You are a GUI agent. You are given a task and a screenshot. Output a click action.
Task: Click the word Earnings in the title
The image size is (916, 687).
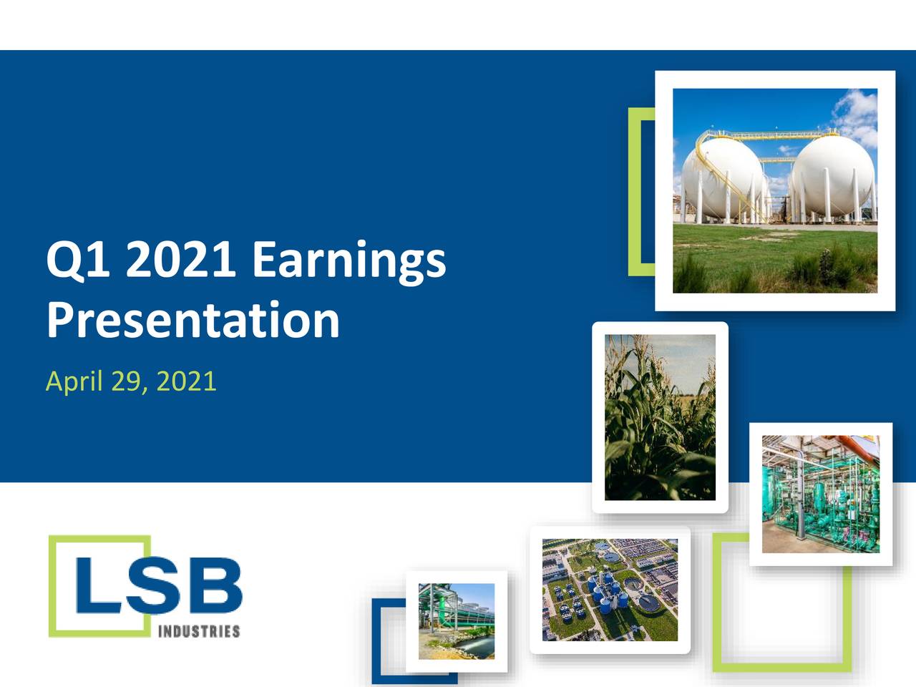tap(349, 260)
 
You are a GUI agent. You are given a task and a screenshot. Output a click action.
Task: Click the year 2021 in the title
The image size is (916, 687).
tap(180, 260)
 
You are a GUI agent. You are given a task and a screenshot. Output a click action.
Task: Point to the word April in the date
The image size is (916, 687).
tap(74, 381)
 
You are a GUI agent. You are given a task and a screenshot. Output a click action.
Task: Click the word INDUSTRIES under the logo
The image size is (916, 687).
tap(198, 631)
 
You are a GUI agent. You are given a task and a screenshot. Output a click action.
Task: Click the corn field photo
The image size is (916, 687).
tap(660, 417)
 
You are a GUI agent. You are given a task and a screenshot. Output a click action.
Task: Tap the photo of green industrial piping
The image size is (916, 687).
tap(820, 494)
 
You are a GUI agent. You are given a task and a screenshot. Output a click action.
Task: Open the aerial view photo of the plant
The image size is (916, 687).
tap(610, 590)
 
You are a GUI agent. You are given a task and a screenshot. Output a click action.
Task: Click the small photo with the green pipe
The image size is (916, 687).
tap(456, 620)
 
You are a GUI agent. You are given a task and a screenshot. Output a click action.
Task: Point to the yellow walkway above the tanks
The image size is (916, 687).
tap(773, 134)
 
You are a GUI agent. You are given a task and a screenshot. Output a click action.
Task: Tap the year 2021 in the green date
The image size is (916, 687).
tap(186, 381)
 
